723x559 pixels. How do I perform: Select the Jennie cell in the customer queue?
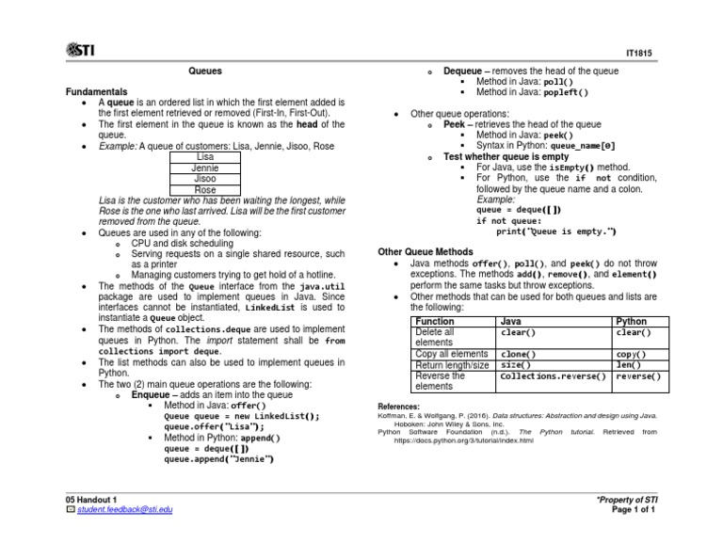204,168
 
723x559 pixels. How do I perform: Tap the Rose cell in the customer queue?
204,191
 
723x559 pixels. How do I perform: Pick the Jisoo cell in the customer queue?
204,180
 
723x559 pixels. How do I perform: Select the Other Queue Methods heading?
425,252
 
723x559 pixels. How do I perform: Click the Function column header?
435,321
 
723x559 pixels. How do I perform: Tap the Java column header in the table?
511,321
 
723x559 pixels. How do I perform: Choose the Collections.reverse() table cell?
553,376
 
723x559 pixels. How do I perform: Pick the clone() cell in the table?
518,355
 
